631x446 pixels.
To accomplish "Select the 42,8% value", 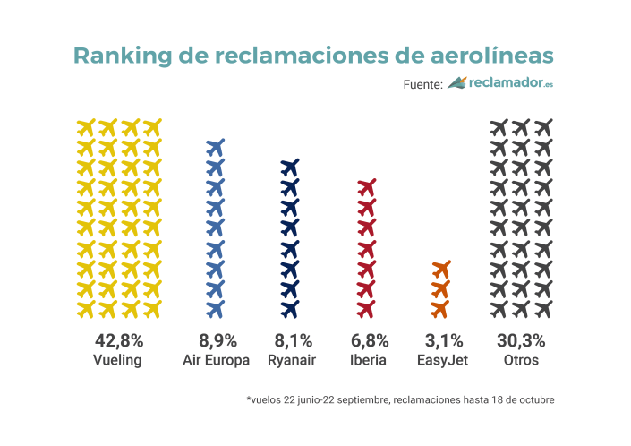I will [x=119, y=340].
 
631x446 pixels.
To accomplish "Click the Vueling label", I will [x=119, y=360].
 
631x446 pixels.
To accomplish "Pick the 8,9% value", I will [x=217, y=340].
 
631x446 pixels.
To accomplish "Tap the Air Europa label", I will [x=217, y=360].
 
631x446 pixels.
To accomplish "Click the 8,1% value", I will [x=291, y=340].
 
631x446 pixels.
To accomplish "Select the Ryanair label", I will [x=291, y=360].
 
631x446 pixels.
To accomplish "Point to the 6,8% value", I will [x=368, y=340].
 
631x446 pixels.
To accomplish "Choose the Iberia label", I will [x=368, y=360].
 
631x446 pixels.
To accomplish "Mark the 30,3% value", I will [x=521, y=340].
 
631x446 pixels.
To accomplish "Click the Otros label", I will [x=521, y=360].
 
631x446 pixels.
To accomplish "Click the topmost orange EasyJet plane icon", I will [x=440, y=269].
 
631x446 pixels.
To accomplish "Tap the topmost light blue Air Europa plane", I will [x=215, y=147].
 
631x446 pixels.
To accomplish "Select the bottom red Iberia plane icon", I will [x=366, y=309].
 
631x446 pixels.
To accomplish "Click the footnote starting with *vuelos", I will [x=400, y=399].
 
